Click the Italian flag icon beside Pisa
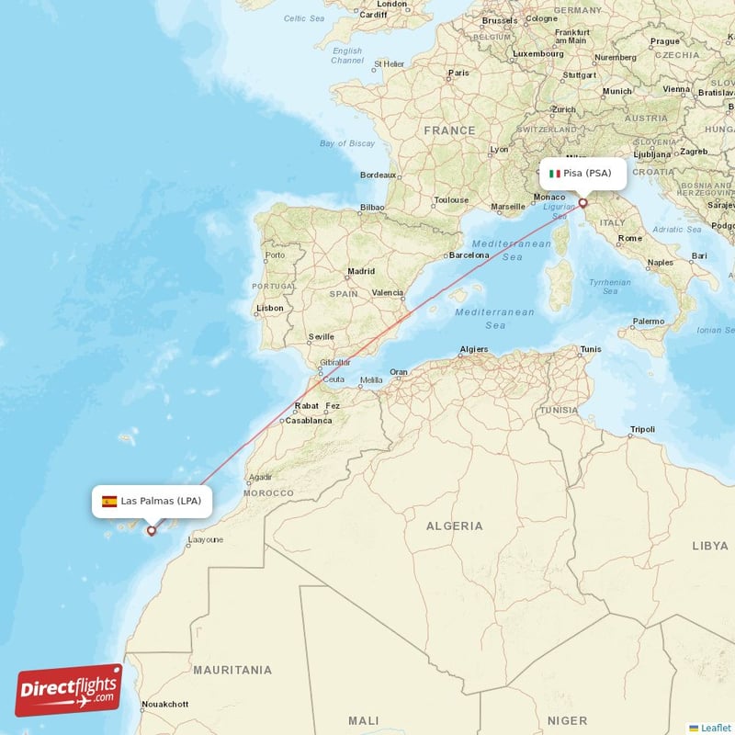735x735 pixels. coord(554,174)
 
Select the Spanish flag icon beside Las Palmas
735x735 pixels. coord(109,501)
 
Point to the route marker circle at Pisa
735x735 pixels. coord(582,203)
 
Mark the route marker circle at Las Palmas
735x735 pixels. coord(152,530)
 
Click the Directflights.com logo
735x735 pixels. coord(69,690)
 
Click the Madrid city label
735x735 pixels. coord(361,271)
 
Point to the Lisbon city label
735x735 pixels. coord(270,308)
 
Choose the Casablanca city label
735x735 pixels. coord(309,420)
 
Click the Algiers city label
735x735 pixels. coord(473,349)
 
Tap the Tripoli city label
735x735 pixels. coord(643,430)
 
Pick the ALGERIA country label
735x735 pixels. coord(454,526)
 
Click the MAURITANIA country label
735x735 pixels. coord(232,670)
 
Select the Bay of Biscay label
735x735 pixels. coord(347,143)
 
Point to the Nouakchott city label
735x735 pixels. coord(165,705)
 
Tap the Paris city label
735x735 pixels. coord(458,72)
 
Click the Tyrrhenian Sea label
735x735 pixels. coord(610,287)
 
